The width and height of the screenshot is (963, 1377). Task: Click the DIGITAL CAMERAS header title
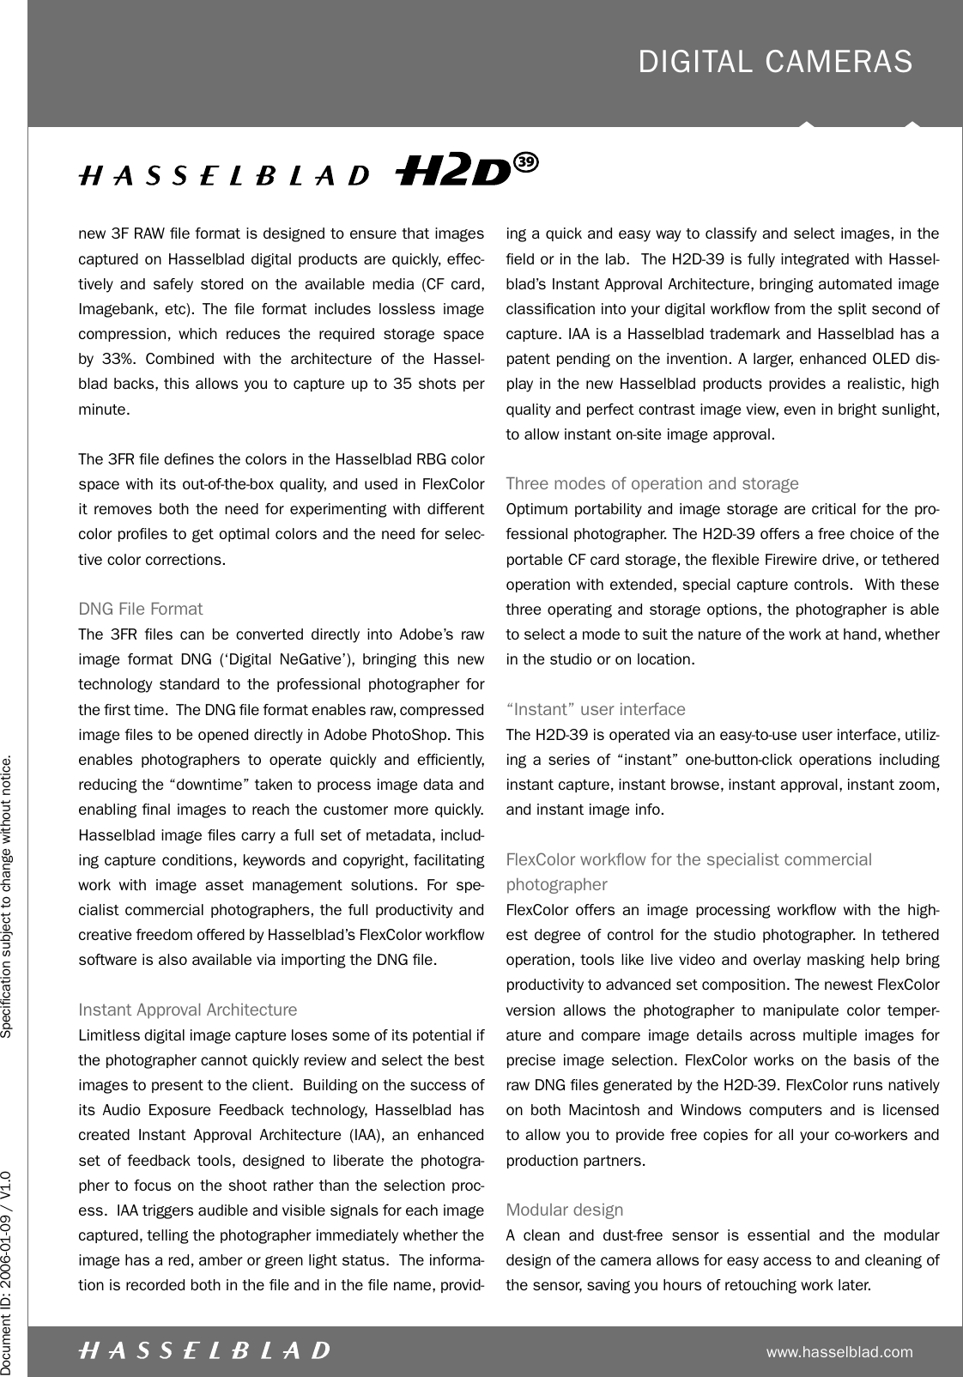click(x=775, y=62)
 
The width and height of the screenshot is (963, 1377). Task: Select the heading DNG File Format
click(x=141, y=610)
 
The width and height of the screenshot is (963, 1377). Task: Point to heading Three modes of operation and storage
click(x=652, y=483)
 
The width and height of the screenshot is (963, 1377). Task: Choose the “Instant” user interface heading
click(x=596, y=710)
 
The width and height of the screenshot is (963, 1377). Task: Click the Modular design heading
click(x=565, y=1210)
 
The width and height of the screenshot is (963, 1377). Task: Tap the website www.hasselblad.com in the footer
click(x=839, y=1353)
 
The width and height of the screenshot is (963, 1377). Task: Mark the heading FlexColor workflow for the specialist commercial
click(x=689, y=859)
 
